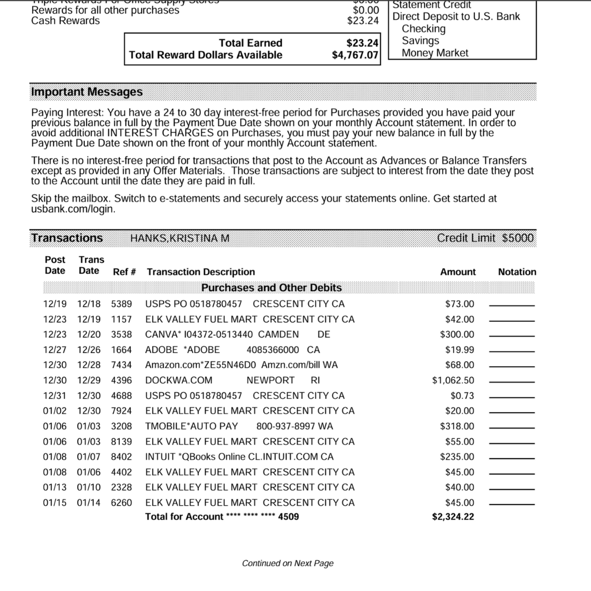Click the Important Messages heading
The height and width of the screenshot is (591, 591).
pos(87,92)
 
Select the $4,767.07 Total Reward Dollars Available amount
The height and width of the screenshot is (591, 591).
pos(356,55)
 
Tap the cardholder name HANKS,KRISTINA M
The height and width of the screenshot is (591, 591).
pos(179,238)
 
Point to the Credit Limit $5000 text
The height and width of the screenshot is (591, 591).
pos(485,238)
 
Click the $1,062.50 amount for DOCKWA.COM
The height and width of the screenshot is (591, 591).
pos(453,380)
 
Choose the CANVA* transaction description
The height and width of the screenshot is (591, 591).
pos(237,334)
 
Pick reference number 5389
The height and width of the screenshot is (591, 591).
pos(121,304)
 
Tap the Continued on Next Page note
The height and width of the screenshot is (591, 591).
pos(288,563)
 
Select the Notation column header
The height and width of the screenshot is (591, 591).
pos(517,272)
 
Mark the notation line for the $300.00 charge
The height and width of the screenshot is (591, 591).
pos(511,335)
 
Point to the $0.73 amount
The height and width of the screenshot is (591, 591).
pos(462,396)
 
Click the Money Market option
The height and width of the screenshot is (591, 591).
pos(435,53)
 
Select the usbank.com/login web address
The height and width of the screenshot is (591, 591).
pos(73,209)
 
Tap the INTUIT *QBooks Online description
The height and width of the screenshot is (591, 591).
pos(239,457)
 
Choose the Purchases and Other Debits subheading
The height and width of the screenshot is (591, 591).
pos(271,288)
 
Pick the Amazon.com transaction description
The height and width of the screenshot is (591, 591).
pos(241,365)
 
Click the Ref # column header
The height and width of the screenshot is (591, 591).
pos(124,272)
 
